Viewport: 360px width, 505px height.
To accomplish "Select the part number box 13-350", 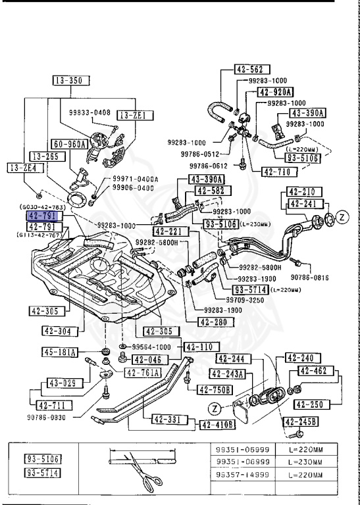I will tap(70, 81).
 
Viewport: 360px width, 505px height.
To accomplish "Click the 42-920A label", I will tap(275, 93).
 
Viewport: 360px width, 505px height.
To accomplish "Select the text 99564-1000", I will tap(152, 346).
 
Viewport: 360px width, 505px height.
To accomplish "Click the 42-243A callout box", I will tap(228, 374).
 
